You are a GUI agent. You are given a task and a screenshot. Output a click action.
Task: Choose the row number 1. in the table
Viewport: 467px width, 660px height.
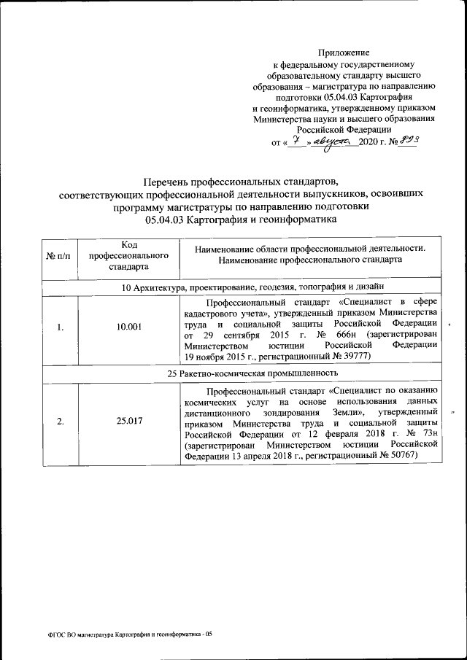(x=60, y=327)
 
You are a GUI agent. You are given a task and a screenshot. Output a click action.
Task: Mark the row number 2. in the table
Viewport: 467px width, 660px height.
(x=60, y=422)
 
